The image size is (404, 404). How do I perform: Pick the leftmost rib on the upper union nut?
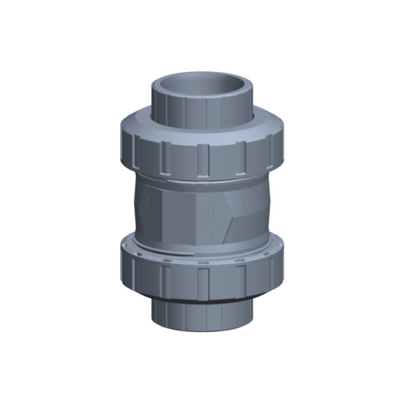[127, 149]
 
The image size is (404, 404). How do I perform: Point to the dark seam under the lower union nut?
[202, 298]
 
